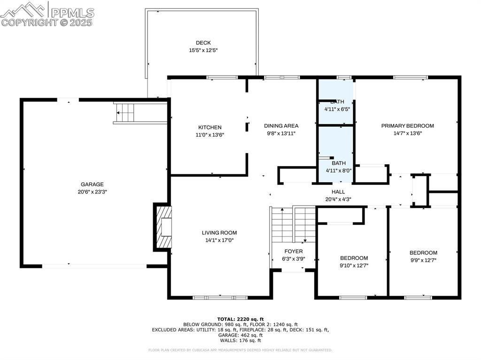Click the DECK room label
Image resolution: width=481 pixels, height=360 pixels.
tap(203, 43)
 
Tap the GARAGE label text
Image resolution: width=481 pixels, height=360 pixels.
tap(92, 184)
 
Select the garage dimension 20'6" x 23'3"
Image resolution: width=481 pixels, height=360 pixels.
tap(92, 191)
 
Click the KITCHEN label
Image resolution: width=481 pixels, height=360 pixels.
tap(209, 127)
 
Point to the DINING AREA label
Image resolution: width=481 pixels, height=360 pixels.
tap(281, 125)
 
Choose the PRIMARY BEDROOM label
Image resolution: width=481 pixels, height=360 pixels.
tap(407, 126)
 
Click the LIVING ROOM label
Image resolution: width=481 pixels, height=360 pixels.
tap(219, 233)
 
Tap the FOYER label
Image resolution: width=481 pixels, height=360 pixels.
tap(294, 252)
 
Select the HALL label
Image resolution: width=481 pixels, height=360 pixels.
tap(338, 192)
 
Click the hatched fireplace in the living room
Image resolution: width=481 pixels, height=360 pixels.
tap(163, 228)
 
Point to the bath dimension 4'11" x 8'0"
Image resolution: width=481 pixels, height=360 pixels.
tap(338, 170)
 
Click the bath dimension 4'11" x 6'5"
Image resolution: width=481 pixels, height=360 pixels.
tap(337, 109)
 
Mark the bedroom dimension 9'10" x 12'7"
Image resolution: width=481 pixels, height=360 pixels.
tap(354, 265)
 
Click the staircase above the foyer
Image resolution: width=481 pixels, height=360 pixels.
tap(294, 224)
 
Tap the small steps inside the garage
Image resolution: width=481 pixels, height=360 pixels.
tap(125, 113)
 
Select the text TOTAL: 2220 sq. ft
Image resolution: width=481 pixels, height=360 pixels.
tap(240, 319)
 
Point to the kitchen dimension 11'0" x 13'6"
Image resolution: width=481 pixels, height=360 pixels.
tap(209, 135)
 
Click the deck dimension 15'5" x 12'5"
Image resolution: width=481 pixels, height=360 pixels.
tap(203, 50)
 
